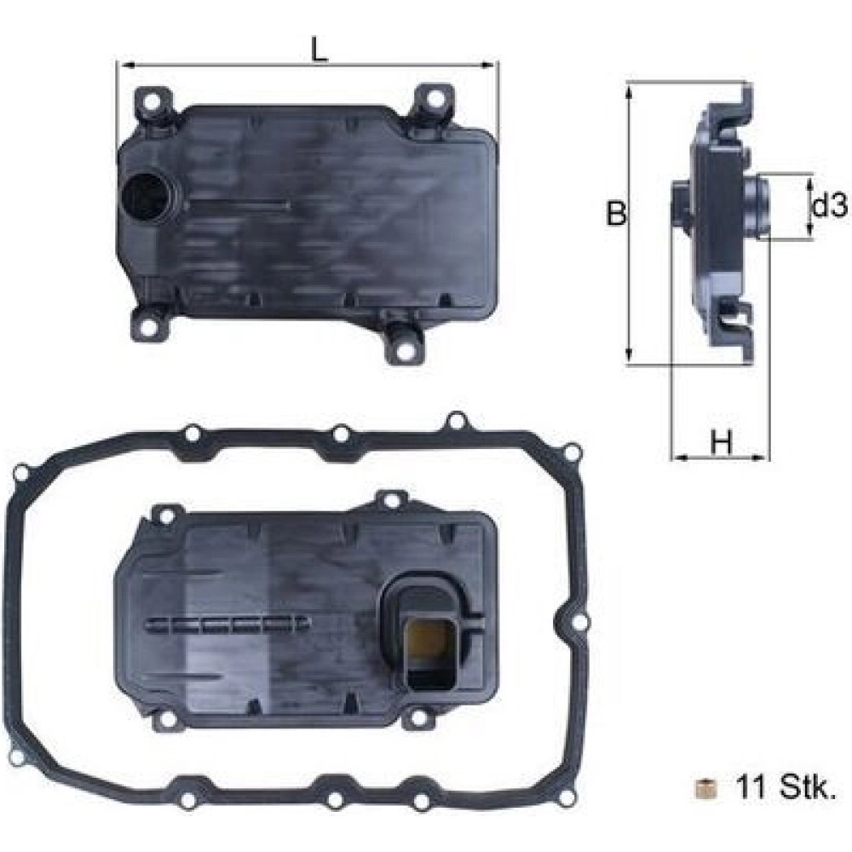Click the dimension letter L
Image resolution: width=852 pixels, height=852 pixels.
pyautogui.click(x=319, y=49)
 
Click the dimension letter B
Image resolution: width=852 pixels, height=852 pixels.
pyautogui.click(x=616, y=214)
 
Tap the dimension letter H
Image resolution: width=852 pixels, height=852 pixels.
pyautogui.click(x=722, y=442)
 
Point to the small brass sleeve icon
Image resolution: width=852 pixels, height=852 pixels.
pyautogui.click(x=705, y=788)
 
